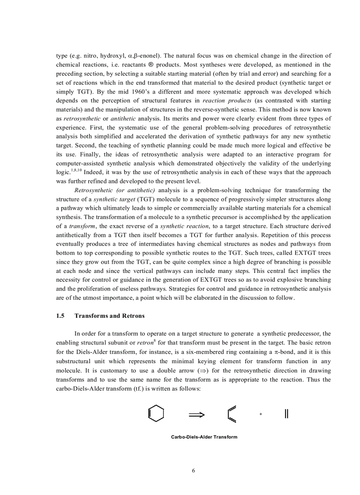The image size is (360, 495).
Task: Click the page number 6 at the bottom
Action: [x=193, y=470]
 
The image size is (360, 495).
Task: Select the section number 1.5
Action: [x=60, y=316]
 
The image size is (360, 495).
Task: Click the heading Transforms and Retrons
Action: [x=109, y=316]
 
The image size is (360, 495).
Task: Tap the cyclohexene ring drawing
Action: [x=156, y=413]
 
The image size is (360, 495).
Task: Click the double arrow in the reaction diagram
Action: [x=197, y=414]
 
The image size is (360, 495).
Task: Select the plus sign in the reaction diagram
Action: [x=261, y=414]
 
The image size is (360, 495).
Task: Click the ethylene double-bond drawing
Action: [x=286, y=414]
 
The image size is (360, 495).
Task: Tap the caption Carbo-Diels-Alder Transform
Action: [x=204, y=437]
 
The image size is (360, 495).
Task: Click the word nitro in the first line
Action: [x=89, y=56]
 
